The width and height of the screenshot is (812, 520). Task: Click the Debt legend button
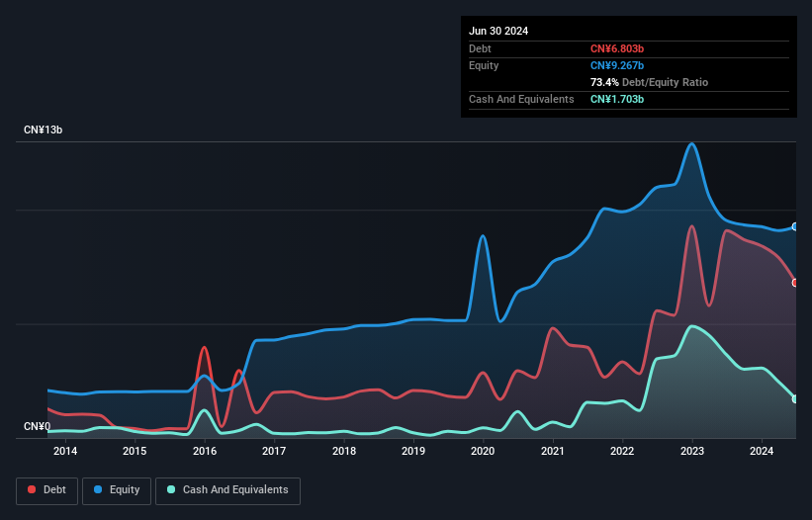48,489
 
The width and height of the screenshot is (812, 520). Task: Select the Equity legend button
118,489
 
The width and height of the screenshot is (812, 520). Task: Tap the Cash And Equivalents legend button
227,489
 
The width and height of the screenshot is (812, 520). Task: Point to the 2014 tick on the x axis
65,452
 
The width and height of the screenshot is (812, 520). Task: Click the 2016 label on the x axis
205,452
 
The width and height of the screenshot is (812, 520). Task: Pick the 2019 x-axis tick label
413,452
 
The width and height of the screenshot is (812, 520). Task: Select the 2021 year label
553,452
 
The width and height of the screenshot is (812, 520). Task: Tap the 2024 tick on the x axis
762,452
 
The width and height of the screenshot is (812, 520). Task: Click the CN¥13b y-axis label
44,130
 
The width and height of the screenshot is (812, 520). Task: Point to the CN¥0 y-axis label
37,427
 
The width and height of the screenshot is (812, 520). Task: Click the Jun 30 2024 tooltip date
498,31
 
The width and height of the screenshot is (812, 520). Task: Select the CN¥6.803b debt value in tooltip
616,48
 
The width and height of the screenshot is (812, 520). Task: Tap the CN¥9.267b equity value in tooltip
616,65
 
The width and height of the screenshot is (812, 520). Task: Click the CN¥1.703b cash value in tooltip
616,99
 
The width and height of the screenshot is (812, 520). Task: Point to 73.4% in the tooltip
605,82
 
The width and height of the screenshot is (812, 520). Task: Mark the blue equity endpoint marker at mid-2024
795,226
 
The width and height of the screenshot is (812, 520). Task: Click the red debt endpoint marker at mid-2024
795,283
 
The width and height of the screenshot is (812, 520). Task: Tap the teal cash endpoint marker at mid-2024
795,398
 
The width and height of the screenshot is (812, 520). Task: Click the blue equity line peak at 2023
692,144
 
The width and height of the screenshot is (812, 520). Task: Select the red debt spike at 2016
204,348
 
